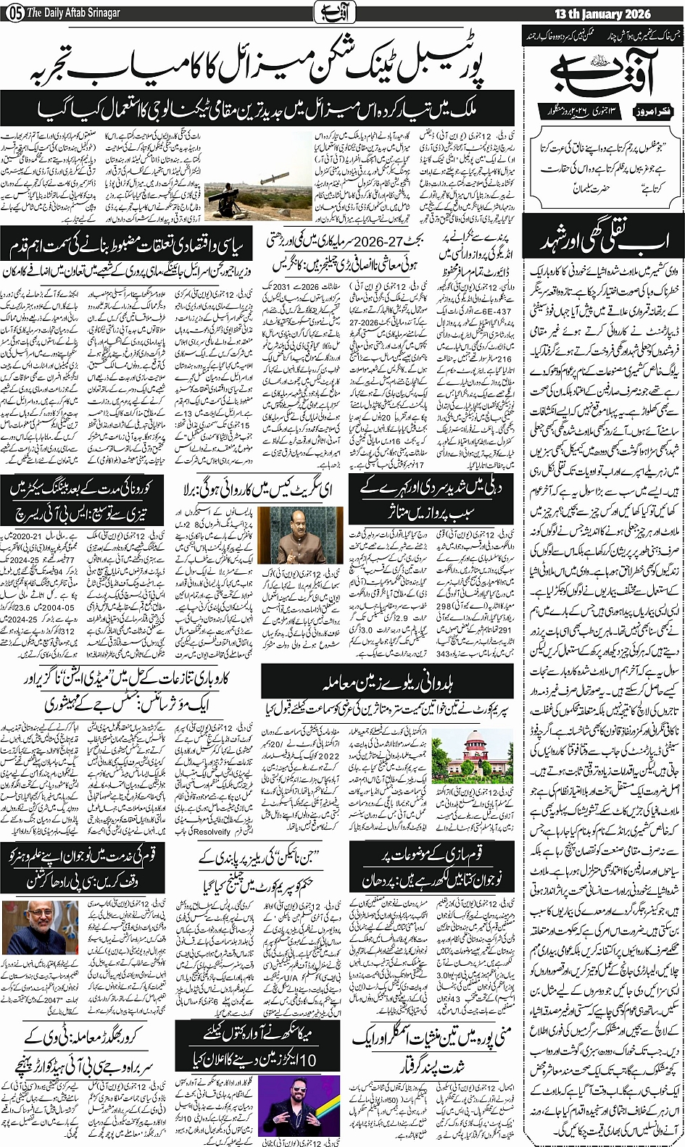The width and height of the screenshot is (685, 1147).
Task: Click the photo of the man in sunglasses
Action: coord(299,1105)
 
